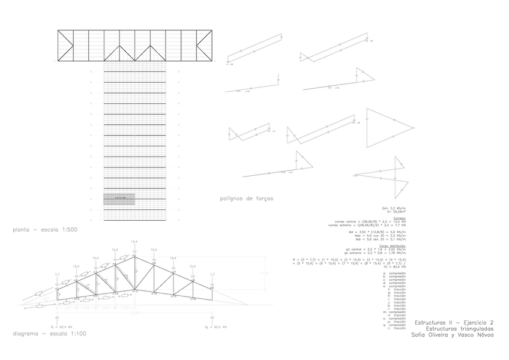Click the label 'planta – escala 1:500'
(46, 229)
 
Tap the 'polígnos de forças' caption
(246, 198)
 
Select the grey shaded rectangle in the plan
(119, 199)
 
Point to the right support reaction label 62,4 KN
(220, 327)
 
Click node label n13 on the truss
(135, 292)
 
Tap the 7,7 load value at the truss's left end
(56, 274)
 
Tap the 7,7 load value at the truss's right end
(212, 274)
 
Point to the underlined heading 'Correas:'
(399, 218)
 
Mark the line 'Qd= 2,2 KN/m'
(397, 207)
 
